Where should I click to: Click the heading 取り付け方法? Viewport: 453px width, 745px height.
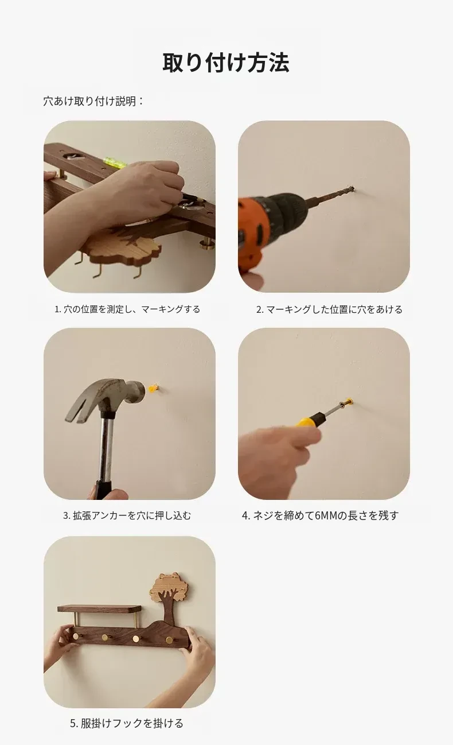tap(226, 62)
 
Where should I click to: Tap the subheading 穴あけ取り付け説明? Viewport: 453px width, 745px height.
tap(93, 101)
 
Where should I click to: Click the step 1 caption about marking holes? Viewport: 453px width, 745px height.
tap(127, 309)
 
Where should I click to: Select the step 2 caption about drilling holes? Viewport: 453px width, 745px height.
tap(329, 309)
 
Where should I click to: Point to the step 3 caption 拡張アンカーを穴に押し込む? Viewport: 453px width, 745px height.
tap(127, 515)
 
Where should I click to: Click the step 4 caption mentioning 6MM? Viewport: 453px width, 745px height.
tap(321, 515)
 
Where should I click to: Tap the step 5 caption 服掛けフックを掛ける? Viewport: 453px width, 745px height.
tap(127, 723)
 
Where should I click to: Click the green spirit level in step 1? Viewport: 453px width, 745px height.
tap(115, 162)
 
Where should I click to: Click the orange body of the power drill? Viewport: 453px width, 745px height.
tap(252, 230)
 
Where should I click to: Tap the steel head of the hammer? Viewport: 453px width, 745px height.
tap(110, 397)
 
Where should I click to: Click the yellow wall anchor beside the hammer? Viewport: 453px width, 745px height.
tap(153, 388)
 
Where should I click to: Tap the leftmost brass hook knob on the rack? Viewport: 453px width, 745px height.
tap(76, 635)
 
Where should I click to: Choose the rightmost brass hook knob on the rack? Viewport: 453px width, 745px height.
tap(170, 639)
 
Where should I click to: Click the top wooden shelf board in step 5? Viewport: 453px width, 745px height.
tap(99, 608)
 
